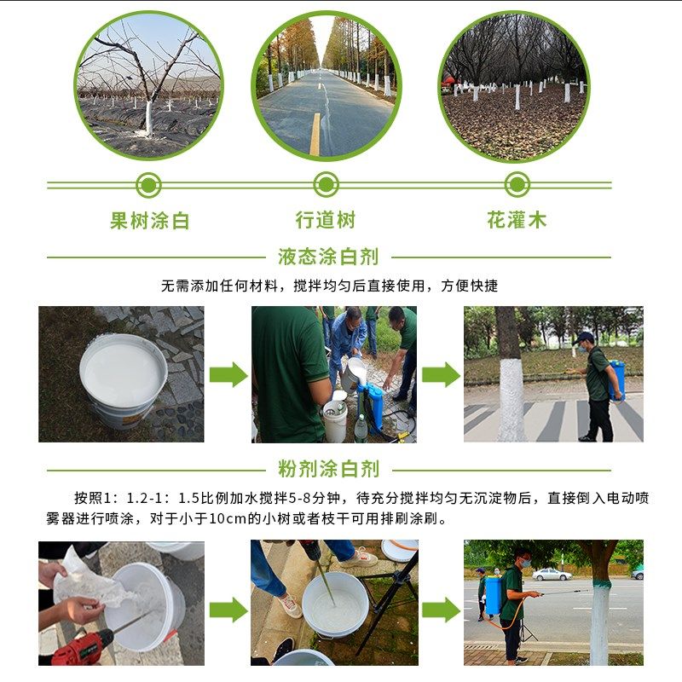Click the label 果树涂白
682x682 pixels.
click(149, 221)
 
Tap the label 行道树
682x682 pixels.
click(326, 220)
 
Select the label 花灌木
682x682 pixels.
click(517, 220)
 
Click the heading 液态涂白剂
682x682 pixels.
click(328, 256)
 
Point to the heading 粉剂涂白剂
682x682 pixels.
click(328, 469)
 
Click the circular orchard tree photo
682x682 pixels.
click(149, 85)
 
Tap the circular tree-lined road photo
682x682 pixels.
click(326, 85)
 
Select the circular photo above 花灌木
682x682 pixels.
click(514, 85)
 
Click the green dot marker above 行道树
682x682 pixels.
click(326, 184)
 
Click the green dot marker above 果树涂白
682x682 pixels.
click(149, 184)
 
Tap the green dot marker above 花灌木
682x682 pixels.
click(517, 184)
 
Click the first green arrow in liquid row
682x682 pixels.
click(228, 374)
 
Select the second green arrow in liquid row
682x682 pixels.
click(440, 374)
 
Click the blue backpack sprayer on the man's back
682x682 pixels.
click(617, 380)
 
